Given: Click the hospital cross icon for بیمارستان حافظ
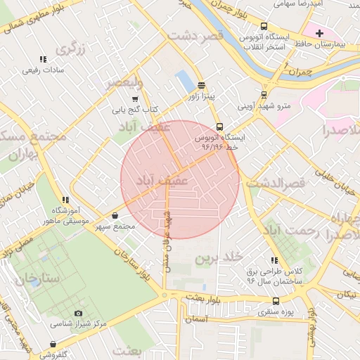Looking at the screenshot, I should (319, 33).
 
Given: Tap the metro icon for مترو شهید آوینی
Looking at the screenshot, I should (264, 95).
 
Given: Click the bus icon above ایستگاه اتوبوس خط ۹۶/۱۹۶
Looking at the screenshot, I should (220, 127).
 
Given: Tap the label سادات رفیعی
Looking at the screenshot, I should (43, 70).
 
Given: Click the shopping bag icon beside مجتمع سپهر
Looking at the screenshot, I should (115, 215).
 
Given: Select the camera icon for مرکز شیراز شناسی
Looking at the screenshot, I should (78, 313).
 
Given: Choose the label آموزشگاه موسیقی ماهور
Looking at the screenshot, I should (65, 216).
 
